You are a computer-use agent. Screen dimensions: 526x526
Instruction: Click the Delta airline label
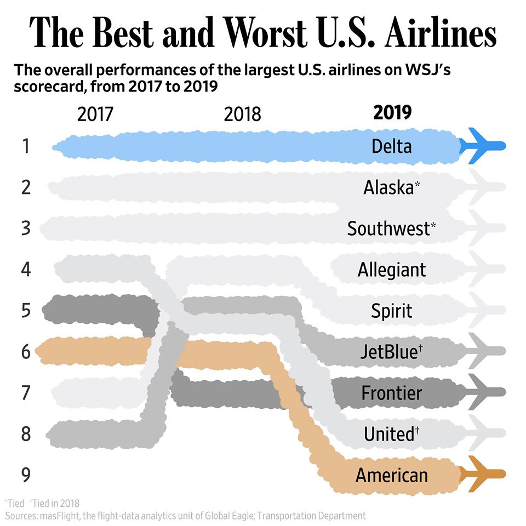[x=391, y=146]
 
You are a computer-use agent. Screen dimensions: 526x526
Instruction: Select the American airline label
[x=391, y=474]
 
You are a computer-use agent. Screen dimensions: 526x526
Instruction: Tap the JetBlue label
[x=391, y=351]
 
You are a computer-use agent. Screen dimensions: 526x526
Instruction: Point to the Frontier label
[x=391, y=392]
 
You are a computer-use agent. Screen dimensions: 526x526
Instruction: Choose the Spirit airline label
[x=391, y=311]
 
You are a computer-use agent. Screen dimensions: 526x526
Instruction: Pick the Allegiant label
[x=391, y=270]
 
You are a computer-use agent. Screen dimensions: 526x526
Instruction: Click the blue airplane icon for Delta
[x=482, y=146]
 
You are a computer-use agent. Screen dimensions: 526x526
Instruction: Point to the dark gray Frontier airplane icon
[x=482, y=392]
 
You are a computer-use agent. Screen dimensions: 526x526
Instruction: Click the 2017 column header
[x=95, y=114]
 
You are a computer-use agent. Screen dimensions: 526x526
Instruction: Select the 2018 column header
[x=243, y=114]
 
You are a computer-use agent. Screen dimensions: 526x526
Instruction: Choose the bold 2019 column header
[x=392, y=113]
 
